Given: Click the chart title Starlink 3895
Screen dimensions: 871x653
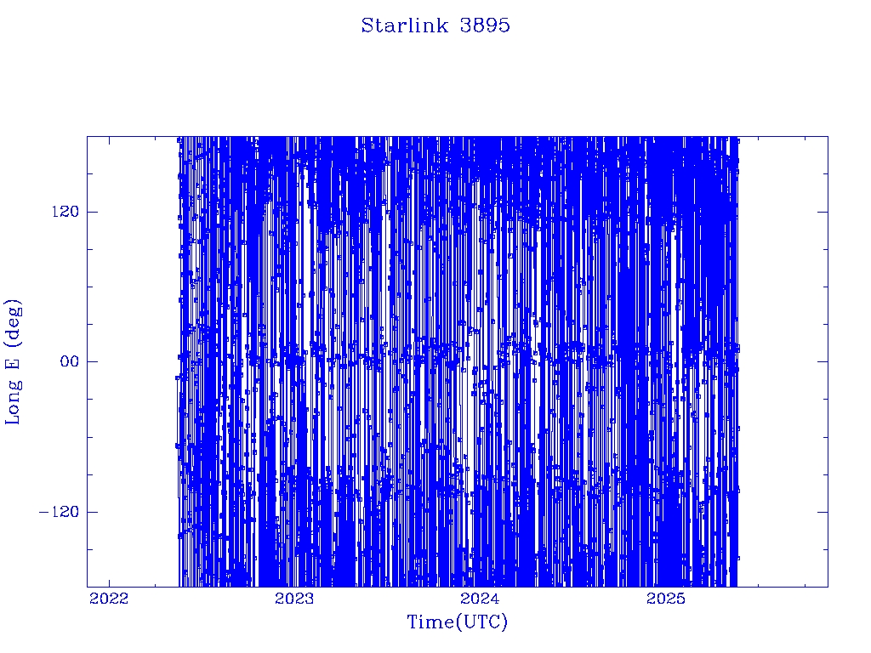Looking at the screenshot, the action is coord(435,26).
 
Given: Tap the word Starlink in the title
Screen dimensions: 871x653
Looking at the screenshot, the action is coord(404,26).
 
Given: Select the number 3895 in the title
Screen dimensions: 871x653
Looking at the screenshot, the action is coord(485,26).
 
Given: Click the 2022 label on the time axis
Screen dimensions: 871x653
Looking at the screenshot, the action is coord(109,599).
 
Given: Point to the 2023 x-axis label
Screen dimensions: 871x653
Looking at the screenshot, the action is coord(294,599).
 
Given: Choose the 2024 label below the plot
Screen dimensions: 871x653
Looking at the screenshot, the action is coord(481,599).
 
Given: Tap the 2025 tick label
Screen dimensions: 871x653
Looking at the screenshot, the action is coord(667,599).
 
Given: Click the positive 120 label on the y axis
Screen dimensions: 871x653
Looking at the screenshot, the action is coord(65,212).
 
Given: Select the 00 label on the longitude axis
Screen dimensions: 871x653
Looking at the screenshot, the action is coord(70,361).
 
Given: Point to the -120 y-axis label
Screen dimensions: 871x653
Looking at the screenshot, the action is coord(59,511).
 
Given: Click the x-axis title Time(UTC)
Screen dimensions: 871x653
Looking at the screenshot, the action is coord(458,622).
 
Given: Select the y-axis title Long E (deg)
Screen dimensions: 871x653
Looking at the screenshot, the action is coord(13,361).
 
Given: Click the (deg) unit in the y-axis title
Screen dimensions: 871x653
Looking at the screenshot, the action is coord(13,321).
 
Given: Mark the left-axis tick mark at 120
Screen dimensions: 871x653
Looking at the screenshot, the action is coord(92,212).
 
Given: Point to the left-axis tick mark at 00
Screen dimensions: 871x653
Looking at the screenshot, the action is coord(92,361).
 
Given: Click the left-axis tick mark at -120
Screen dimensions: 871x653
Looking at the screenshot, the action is coord(92,511).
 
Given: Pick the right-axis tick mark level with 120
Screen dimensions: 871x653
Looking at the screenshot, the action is coord(823,212).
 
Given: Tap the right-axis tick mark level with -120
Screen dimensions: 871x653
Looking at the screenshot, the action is coord(823,511).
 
